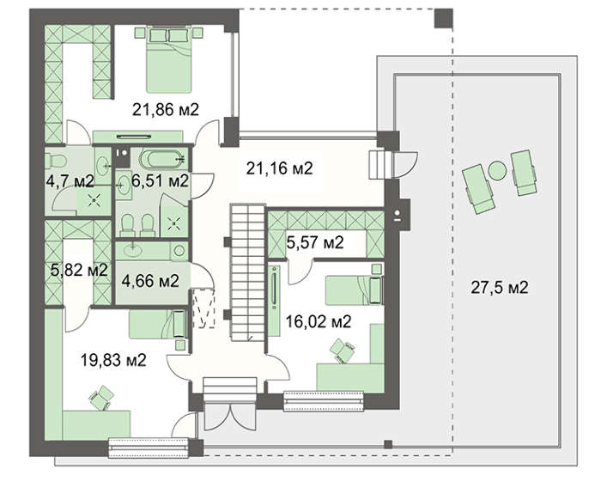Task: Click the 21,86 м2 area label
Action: pos(165,109)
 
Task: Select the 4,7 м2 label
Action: pos(70,180)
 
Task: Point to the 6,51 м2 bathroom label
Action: pos(160,180)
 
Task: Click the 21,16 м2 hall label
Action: pos(279,168)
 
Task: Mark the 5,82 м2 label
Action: pos(79,269)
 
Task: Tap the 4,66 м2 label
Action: pos(150,281)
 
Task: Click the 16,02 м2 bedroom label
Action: pos(319,322)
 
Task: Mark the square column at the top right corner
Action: pos(442,16)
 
